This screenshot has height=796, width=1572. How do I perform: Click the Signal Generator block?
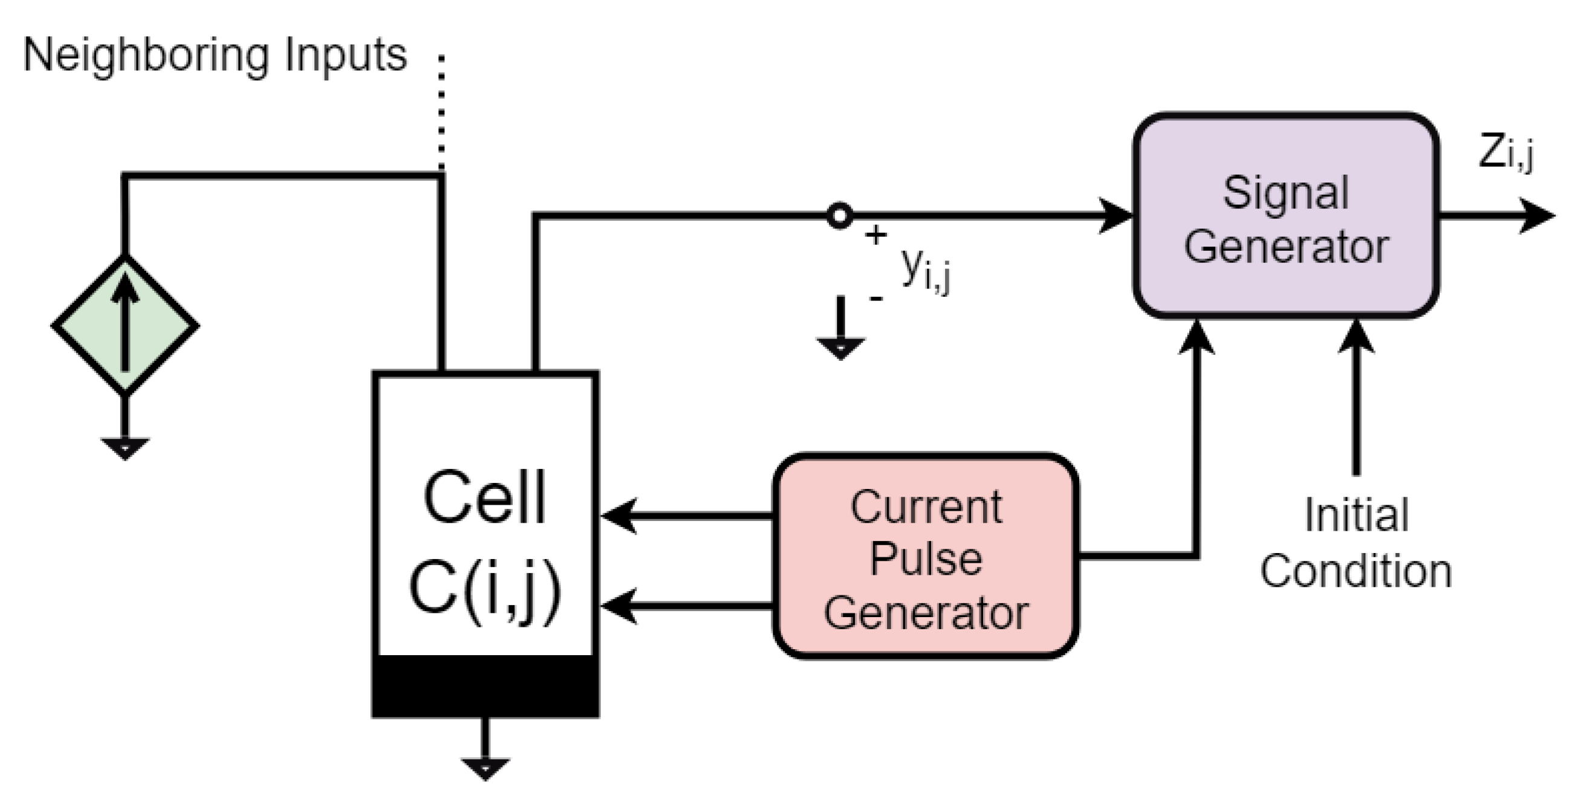coord(1286,216)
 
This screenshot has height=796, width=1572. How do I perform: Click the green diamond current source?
coord(125,325)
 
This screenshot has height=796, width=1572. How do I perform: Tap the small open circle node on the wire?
coord(840,215)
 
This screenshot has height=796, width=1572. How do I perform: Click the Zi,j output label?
coord(1505,152)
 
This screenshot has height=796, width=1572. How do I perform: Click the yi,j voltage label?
coord(925,270)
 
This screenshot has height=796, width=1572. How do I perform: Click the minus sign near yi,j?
coord(875,298)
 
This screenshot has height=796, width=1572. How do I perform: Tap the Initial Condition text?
coord(1356,543)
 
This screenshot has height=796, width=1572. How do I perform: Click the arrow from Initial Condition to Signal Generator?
coord(1356,396)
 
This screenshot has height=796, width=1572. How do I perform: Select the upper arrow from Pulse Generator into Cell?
coord(683,516)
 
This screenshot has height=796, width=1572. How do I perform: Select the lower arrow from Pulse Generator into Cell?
coord(683,606)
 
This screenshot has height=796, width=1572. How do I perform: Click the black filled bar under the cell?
coord(485,686)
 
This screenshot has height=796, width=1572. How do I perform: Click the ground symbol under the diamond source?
coord(125,447)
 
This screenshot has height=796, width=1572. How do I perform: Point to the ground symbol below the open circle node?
coord(840,346)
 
